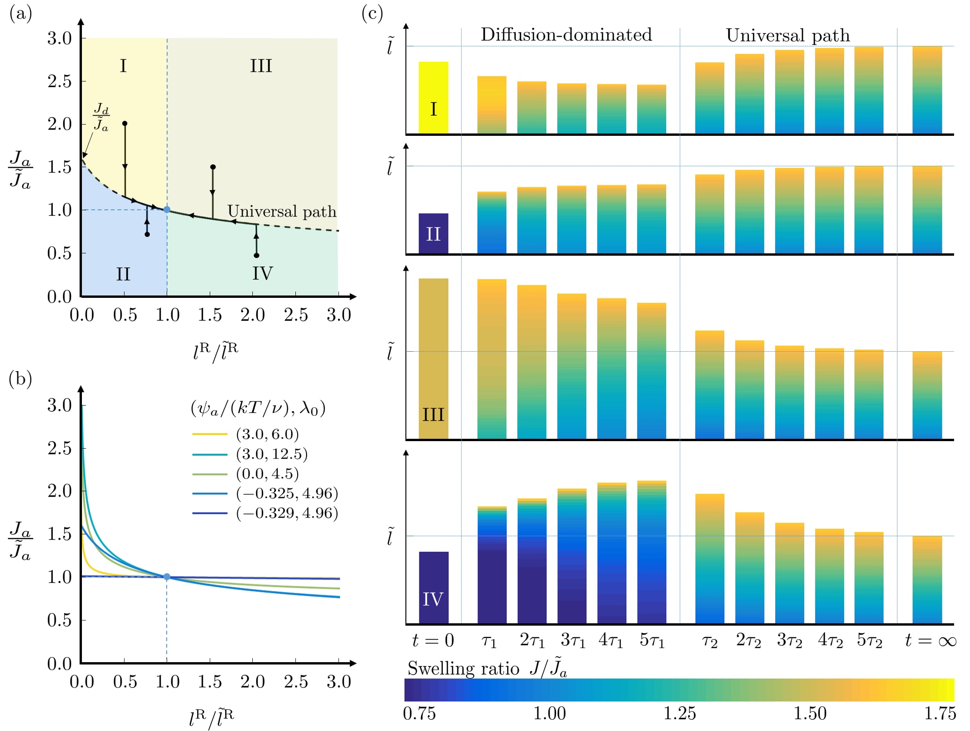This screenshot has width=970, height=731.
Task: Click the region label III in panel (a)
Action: pyautogui.click(x=261, y=66)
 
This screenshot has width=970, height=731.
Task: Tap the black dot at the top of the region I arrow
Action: pyautogui.click(x=125, y=124)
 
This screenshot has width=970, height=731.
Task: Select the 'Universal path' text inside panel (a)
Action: pyautogui.click(x=282, y=211)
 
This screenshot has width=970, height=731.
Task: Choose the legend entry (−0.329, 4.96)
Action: pyautogui.click(x=287, y=513)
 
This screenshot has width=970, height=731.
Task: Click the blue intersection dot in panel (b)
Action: pyautogui.click(x=167, y=577)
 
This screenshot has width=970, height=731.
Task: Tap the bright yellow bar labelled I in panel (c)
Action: pyautogui.click(x=433, y=98)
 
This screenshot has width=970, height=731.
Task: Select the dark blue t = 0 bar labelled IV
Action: pyautogui.click(x=434, y=588)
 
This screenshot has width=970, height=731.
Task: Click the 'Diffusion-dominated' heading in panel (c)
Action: pyautogui.click(x=566, y=35)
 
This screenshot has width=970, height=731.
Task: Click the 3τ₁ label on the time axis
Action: pyautogui.click(x=573, y=640)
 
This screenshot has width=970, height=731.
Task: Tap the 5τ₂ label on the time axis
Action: pyautogui.click(x=869, y=640)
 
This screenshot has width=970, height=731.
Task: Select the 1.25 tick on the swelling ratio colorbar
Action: pyautogui.click(x=680, y=713)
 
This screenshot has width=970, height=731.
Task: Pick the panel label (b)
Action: pyautogui.click(x=20, y=378)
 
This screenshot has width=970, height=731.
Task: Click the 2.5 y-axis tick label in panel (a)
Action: pyautogui.click(x=59, y=81)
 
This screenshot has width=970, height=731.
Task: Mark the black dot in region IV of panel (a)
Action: pyautogui.click(x=257, y=255)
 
